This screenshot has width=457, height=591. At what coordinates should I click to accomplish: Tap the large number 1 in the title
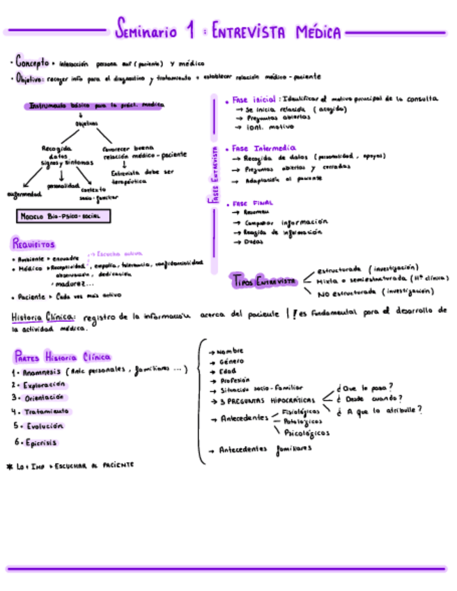coord(189,30)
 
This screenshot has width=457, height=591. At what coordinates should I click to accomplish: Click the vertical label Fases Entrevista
coord(215,174)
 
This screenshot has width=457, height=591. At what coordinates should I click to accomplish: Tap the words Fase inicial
coord(252,100)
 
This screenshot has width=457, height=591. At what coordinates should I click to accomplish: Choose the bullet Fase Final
coord(249,203)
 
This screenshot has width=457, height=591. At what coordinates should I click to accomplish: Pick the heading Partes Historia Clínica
coord(62,356)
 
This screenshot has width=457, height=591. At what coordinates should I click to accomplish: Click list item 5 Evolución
coord(42,425)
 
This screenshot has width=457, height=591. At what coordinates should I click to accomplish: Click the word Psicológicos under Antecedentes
coord(307,433)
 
